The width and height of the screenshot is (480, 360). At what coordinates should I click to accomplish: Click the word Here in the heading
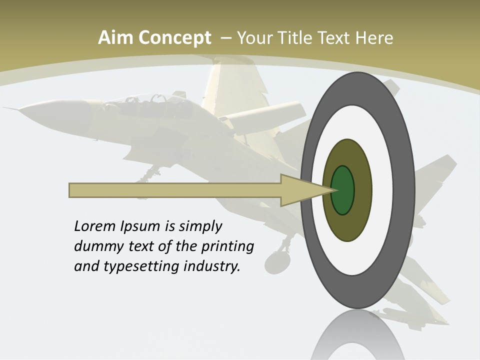pos(375,38)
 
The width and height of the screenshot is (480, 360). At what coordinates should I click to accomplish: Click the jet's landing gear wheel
pos(275,262)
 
